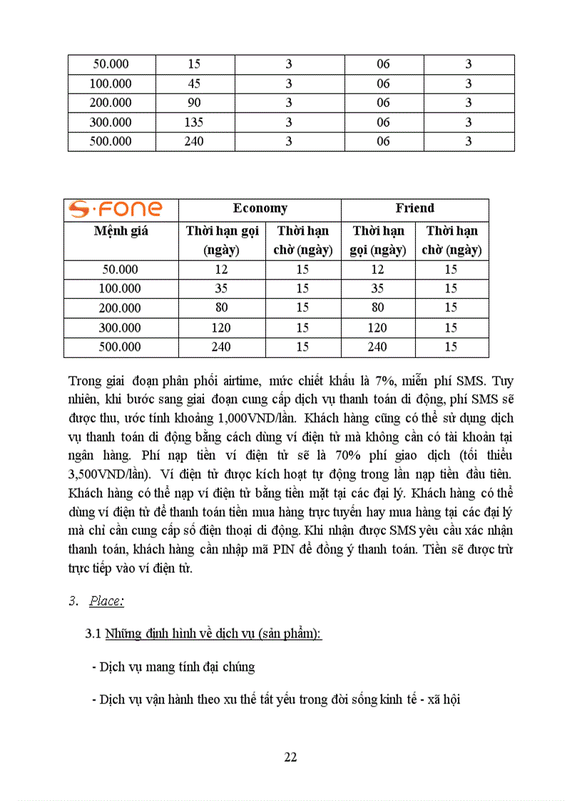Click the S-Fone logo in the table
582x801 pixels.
click(x=116, y=210)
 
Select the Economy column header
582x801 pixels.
click(x=260, y=208)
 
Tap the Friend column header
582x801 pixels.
click(x=414, y=208)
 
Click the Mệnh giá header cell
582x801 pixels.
click(x=121, y=231)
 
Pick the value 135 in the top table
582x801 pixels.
click(x=193, y=122)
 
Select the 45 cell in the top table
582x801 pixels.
click(x=193, y=83)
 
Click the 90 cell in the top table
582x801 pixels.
click(x=193, y=103)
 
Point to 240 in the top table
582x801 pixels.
click(x=193, y=141)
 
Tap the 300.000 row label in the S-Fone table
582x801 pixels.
click(x=121, y=328)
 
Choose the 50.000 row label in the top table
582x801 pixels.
click(x=111, y=64)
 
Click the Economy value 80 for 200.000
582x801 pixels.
click(x=221, y=308)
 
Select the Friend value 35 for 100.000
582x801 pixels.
click(x=377, y=289)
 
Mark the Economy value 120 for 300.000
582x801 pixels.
click(x=221, y=328)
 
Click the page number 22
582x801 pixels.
click(x=290, y=757)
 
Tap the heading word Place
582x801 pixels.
click(x=106, y=601)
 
